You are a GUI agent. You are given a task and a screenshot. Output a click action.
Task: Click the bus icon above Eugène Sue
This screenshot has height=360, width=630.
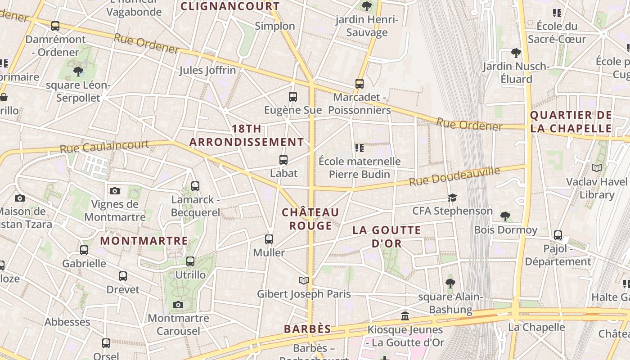pos(292,96)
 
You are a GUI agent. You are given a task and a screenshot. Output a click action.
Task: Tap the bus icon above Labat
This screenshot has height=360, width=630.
pos(283,159)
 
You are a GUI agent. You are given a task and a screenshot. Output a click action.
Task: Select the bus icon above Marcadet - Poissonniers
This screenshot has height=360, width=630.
pos(359,83)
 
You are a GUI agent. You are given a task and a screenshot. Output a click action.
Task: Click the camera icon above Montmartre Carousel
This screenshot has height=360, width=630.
pos(178,305)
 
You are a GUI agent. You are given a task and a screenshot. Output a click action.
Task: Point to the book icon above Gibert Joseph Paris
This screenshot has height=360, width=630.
pos(304,280)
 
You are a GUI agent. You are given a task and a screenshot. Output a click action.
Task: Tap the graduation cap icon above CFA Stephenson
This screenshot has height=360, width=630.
pos(452,198)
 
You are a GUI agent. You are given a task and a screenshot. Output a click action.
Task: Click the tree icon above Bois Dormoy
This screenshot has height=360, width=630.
pos(505,216)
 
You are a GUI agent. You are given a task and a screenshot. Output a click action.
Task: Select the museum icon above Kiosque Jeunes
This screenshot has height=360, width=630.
pos(405,316)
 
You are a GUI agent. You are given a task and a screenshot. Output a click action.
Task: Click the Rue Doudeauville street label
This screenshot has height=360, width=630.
pos(454,176)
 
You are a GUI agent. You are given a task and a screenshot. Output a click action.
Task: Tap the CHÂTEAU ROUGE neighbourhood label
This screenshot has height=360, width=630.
pos(310,219)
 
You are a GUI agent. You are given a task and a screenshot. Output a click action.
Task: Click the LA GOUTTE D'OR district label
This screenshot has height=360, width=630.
pos(387,237)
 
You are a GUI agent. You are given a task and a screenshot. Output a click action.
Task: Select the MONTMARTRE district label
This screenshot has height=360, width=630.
pos(144,241)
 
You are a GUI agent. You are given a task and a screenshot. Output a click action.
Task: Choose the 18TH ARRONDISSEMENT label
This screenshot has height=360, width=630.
pos(247,135)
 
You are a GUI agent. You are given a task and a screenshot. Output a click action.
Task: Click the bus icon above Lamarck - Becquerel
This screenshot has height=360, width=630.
pos(195,186)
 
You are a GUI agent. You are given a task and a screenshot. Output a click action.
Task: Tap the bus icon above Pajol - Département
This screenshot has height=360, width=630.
pos(558,235)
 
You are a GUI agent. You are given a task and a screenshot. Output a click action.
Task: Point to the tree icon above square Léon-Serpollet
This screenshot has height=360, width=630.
pos(78,71)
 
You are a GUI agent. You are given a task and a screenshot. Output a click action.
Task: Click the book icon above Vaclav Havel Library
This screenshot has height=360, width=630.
pos(596,168)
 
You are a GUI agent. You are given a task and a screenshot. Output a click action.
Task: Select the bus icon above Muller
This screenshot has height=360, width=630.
pos(269,239)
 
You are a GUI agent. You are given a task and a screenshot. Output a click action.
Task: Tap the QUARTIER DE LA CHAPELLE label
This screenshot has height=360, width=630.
pos(571,121)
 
